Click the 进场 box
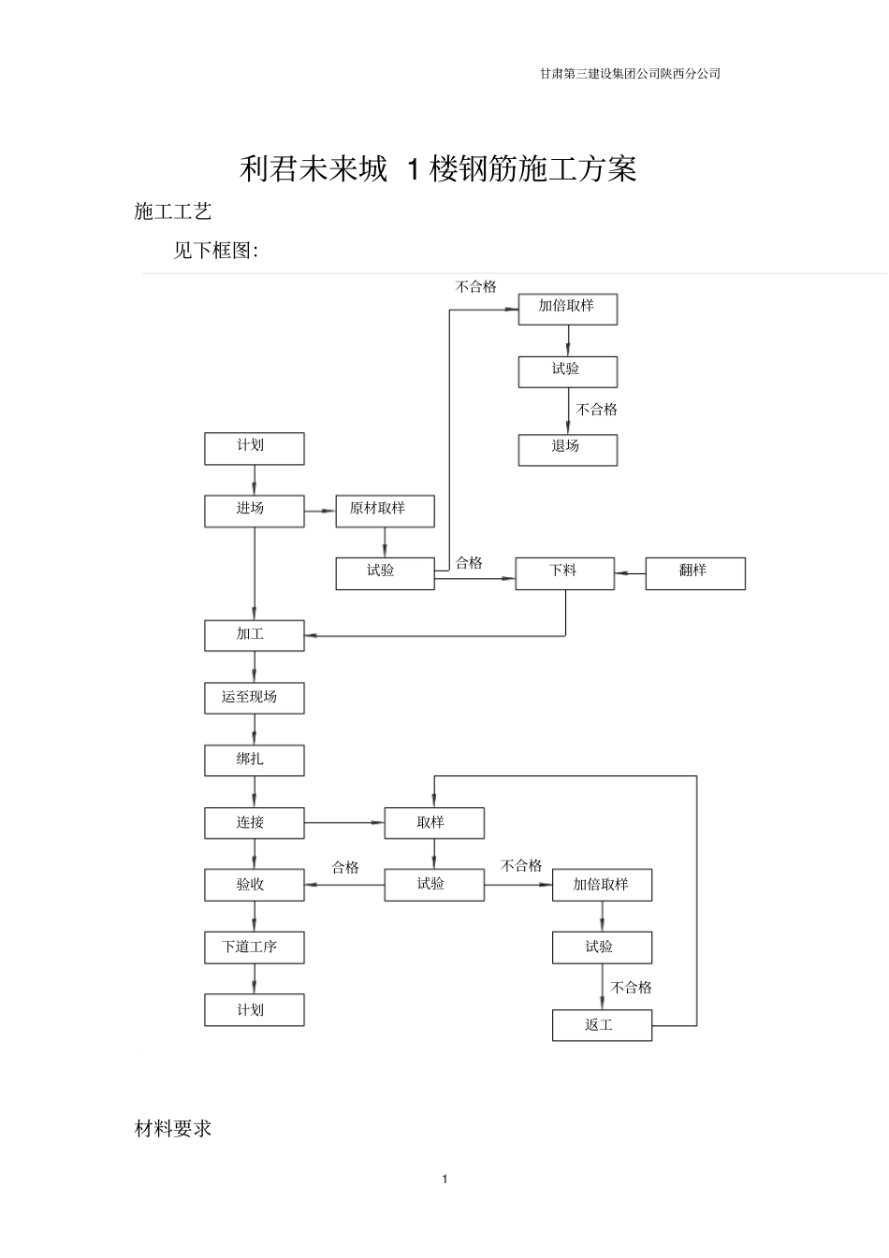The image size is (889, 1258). (254, 511)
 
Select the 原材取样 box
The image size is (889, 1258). (385, 511)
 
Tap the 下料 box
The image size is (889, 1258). (565, 572)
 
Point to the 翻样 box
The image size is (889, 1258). (694, 572)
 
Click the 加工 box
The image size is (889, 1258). (254, 635)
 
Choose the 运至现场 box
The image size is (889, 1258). (254, 698)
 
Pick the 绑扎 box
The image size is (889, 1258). (254, 760)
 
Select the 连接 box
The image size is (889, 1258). (254, 823)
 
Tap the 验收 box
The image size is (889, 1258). (254, 885)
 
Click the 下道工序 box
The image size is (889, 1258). (254, 947)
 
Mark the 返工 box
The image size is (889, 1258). (602, 1025)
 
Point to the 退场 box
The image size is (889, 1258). (567, 449)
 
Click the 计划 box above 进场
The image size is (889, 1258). (254, 448)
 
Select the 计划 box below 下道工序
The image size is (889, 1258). (254, 1010)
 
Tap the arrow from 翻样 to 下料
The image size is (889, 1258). (630, 572)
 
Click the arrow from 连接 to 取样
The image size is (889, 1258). (343, 823)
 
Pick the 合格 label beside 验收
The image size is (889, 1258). (345, 867)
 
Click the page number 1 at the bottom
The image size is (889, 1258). (444, 1178)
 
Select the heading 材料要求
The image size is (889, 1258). (173, 1129)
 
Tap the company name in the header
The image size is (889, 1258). (630, 74)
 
